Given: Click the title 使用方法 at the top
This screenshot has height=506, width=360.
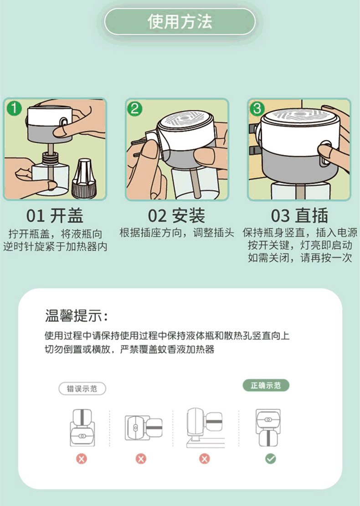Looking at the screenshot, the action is (180, 21).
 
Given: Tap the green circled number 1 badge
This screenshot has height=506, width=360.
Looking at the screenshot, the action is (14, 108).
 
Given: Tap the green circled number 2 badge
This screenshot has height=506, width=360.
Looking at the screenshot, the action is (134, 109).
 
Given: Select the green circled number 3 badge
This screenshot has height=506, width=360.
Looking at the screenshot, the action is (257, 108).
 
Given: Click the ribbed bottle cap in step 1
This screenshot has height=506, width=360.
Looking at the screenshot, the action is (83, 178).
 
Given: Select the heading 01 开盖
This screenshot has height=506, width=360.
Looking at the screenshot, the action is (55, 216).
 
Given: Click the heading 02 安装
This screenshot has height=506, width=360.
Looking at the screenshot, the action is (176, 216).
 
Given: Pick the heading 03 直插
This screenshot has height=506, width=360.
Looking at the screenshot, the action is (299, 216).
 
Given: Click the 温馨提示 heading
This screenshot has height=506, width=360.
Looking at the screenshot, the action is (76, 315).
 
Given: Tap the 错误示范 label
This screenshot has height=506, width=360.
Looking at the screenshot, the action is (82, 388).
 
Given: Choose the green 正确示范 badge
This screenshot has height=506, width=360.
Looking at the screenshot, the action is (266, 385).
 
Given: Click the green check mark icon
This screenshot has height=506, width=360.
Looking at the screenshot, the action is (270, 459).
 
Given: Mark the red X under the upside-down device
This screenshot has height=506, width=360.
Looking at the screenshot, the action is (82, 459).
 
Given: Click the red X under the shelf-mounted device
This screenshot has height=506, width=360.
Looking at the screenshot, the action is (204, 459).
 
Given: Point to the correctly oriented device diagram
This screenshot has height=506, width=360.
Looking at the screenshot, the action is (268, 428).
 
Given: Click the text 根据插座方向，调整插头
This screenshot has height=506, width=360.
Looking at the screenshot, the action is (177, 232).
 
